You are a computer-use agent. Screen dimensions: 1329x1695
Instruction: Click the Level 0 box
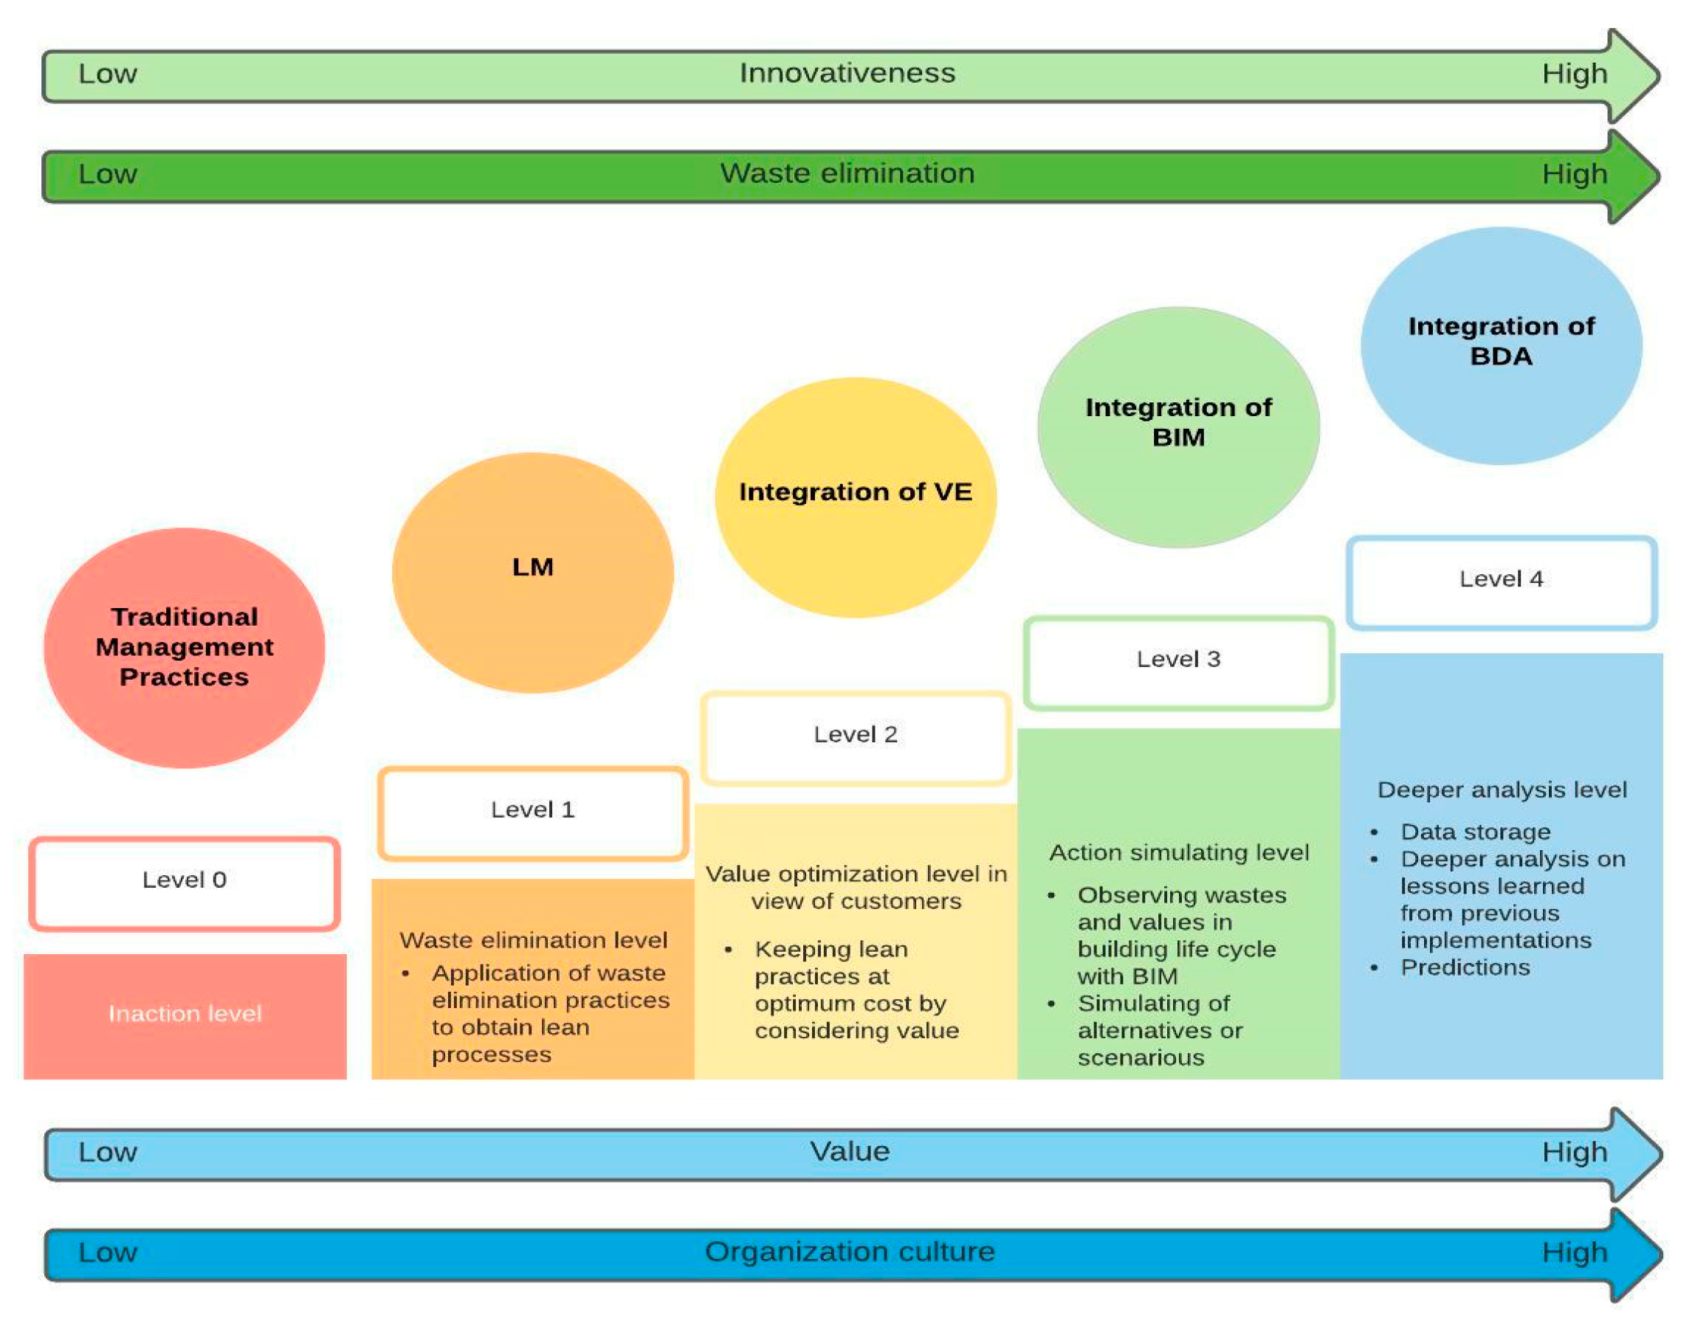185,884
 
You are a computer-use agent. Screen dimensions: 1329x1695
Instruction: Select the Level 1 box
533,814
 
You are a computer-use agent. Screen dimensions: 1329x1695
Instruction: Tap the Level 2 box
856,739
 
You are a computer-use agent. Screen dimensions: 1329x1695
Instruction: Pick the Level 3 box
1179,663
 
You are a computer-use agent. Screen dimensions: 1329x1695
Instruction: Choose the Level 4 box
1502,583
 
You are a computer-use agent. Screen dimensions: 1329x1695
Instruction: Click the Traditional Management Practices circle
185,648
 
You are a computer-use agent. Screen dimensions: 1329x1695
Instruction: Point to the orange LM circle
533,573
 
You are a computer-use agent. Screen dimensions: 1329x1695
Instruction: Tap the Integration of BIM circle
1179,427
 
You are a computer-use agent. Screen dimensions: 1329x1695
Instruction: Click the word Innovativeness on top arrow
847,74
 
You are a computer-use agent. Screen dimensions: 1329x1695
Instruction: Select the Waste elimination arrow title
847,173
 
